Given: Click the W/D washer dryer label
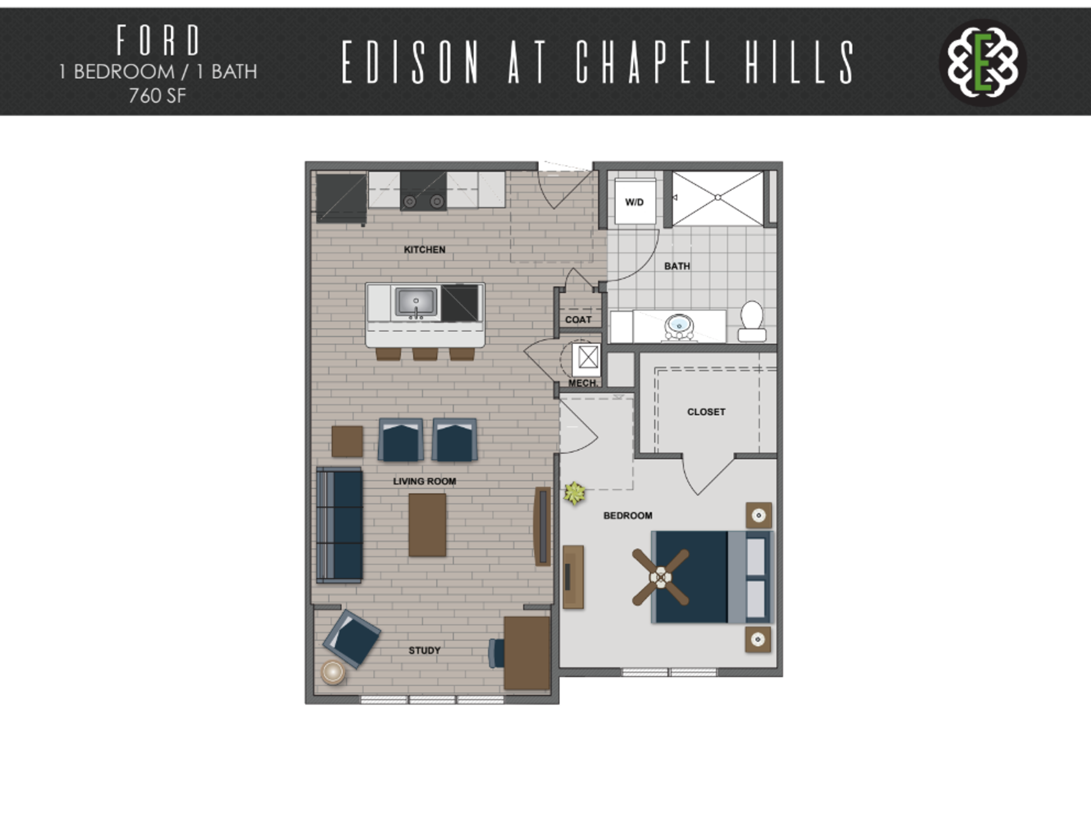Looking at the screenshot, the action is pos(634,202).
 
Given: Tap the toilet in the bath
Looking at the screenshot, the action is pos(752,321).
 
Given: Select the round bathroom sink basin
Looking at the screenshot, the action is pos(679,325).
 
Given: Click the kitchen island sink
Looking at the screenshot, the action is pos(417,302).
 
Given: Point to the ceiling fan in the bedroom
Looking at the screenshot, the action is pos(661,577).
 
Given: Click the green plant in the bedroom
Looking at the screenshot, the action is pos(574,493).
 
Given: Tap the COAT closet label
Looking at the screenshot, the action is pos(578,320).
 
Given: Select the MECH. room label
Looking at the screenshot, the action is pos(582,383).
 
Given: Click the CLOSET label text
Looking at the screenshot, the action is pos(706,412).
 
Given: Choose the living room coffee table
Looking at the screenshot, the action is pos(427,525).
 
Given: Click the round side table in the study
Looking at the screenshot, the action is pos(333,673).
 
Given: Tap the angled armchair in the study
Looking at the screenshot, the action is pos(352,638).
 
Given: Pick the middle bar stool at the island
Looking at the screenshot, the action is pos(425,354).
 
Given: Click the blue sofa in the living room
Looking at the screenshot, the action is pos(339,525).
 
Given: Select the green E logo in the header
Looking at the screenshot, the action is pos(983,62).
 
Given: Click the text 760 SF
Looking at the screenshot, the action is pos(157,96).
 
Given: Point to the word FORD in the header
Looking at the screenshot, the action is pos(158,40).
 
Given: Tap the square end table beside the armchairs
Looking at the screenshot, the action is pos(347,441).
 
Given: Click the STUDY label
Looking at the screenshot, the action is pos(424,650).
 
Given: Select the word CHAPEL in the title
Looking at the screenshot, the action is pos(646,62).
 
